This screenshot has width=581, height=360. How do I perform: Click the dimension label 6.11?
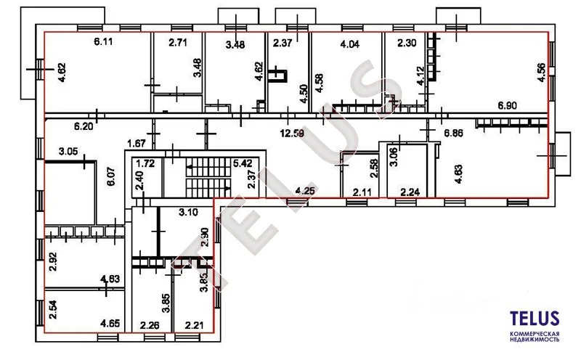click(x=105, y=43)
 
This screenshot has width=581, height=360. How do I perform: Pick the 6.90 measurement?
click(x=508, y=107)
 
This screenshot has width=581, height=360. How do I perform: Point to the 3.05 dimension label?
click(x=69, y=153)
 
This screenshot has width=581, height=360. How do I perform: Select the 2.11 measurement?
click(x=362, y=192)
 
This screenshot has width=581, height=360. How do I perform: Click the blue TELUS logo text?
click(x=533, y=318)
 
